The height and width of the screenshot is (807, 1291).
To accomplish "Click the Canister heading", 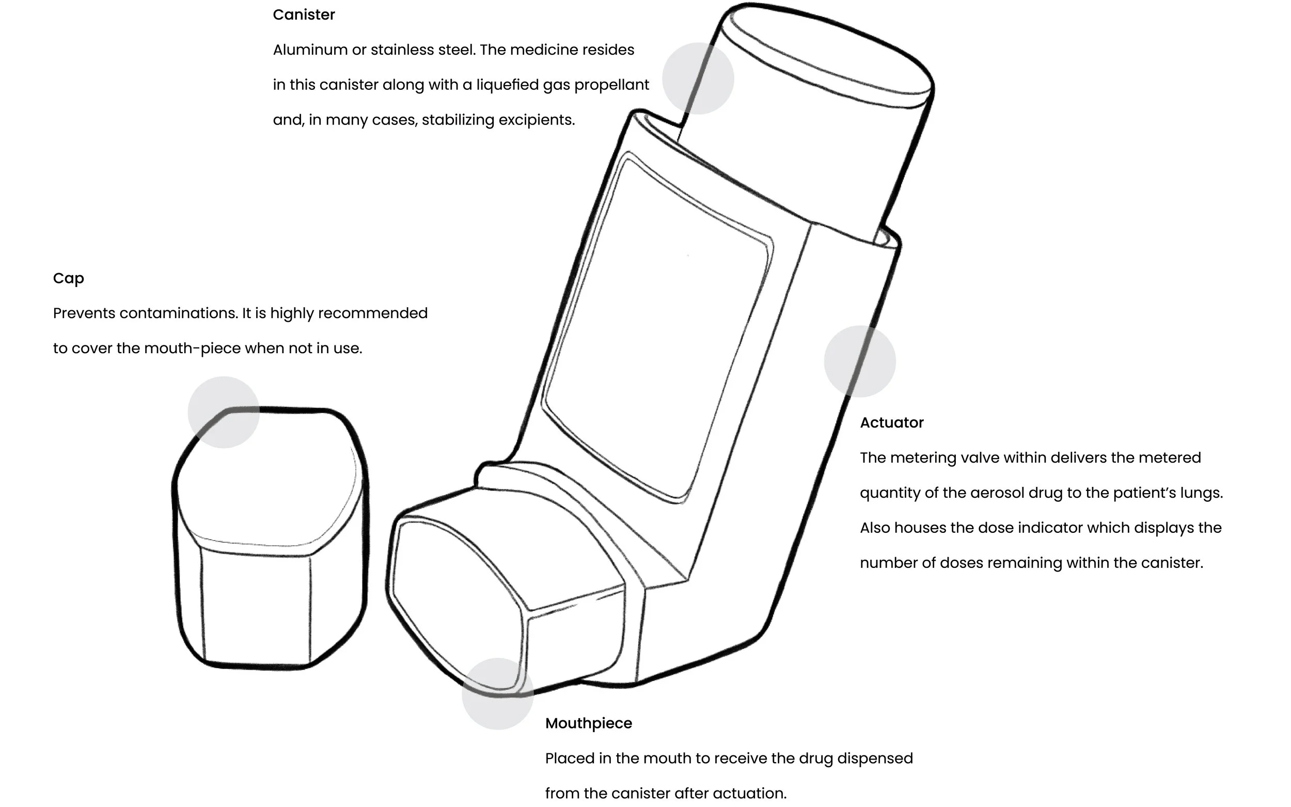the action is pos(304,15).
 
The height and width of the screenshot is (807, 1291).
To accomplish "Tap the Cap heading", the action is pos(68,279).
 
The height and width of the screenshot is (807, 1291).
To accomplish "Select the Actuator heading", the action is pos(891,423).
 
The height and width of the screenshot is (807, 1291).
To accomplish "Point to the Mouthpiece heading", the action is pos(588,723).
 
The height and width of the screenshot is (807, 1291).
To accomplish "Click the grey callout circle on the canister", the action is pos(698,78).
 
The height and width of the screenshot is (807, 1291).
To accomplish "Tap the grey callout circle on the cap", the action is pos(224,412).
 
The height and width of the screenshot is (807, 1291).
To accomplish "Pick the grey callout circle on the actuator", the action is pos(859,361).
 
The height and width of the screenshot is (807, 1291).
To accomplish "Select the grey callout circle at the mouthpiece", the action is pos(497,693).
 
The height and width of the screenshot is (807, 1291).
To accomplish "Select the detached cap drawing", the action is pos(270,539).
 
